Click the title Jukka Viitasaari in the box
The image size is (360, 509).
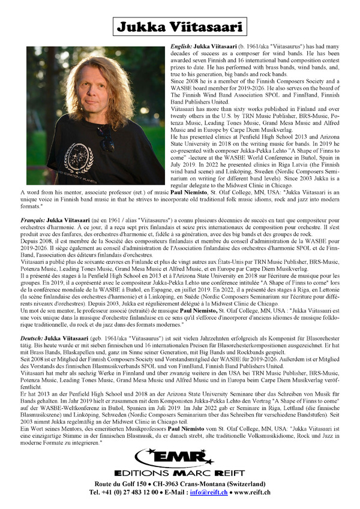click(x=179, y=27)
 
